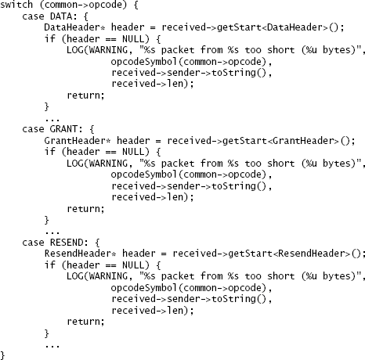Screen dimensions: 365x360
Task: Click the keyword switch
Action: (x=16, y=5)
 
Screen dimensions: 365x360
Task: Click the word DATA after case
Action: (x=61, y=16)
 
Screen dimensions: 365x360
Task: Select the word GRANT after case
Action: (x=63, y=129)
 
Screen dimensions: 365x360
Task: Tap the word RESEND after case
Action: (x=67, y=242)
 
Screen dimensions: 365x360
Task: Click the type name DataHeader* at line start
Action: (x=74, y=27)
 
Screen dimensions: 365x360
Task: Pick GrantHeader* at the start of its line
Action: (x=78, y=141)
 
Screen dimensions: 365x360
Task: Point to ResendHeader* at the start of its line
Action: (x=81, y=254)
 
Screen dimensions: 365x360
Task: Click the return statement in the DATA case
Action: (x=85, y=95)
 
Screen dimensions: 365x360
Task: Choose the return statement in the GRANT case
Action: (x=85, y=209)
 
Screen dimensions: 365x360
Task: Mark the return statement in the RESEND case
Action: (x=85, y=322)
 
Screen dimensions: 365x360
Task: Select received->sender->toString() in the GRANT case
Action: (x=189, y=186)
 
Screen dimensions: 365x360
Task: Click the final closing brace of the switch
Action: (x=2, y=355)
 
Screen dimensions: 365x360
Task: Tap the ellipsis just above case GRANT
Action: (x=52, y=120)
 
